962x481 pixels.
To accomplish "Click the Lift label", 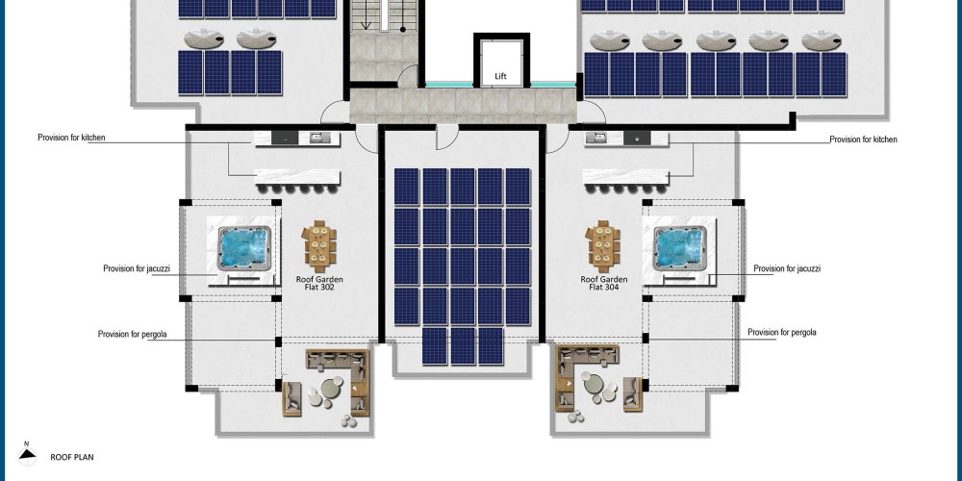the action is (500, 77).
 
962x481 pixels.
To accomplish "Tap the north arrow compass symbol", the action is (26, 453).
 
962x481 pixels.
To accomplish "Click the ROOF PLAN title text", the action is (72, 457).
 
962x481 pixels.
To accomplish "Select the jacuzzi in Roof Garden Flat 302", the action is (244, 248).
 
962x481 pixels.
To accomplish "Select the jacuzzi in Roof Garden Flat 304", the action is (679, 248).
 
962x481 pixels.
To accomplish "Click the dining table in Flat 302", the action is (319, 246).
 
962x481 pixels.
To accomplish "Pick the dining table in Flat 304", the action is (603, 246).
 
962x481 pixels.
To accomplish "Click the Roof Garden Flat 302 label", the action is (319, 284).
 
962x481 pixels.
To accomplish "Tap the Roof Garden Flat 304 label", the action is (604, 284).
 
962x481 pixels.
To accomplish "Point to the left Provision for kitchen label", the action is (71, 138).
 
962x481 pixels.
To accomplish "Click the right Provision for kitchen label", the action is (863, 139).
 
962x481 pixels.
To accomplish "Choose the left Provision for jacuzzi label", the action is (137, 268).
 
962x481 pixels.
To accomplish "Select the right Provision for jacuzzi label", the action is (787, 268).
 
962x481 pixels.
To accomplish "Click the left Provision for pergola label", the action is (133, 335).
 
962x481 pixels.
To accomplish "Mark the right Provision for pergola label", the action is (782, 333).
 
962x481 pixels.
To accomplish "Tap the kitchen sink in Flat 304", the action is (595, 138).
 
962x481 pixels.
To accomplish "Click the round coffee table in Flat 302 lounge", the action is (332, 388).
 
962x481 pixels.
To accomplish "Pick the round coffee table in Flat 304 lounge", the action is (594, 384).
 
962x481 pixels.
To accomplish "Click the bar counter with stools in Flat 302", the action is (297, 181).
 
